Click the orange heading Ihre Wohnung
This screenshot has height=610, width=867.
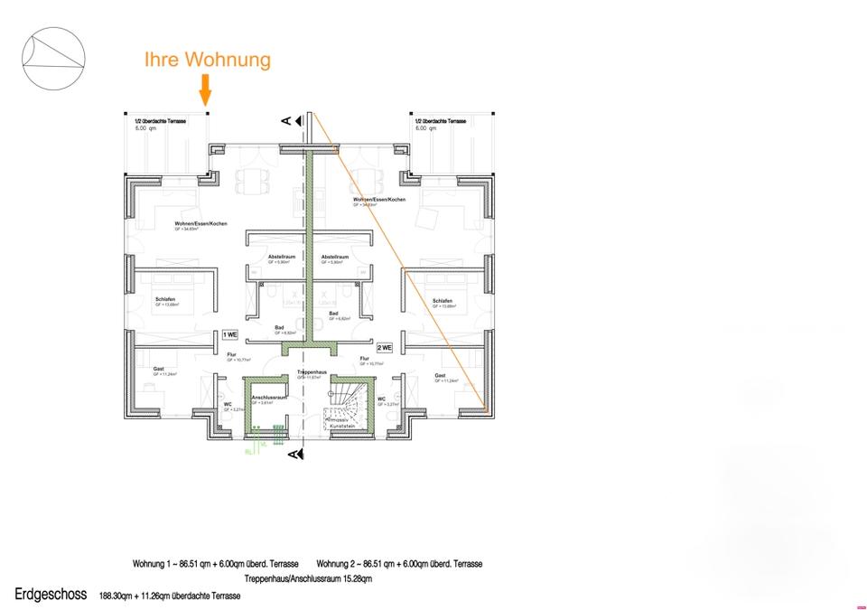tap(208, 60)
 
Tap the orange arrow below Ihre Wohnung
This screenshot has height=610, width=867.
tap(206, 90)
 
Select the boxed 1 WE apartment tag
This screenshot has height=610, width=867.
tap(230, 334)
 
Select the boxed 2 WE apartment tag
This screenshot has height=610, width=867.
tap(385, 347)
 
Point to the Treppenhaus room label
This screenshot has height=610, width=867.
tap(311, 371)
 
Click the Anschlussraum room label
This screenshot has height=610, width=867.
tap(268, 398)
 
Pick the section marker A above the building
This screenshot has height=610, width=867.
tap(286, 120)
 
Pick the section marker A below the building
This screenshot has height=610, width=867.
tap(293, 455)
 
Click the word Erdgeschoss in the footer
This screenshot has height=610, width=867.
tap(51, 595)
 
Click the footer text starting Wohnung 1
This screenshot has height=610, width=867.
tap(216, 564)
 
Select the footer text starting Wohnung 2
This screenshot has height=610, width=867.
tap(399, 564)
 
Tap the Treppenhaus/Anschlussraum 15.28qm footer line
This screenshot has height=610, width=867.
tap(308, 578)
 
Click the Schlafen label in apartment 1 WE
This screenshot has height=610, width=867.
tap(165, 299)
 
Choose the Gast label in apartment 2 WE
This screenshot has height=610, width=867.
tap(440, 375)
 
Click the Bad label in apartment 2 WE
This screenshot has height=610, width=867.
tap(333, 314)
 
